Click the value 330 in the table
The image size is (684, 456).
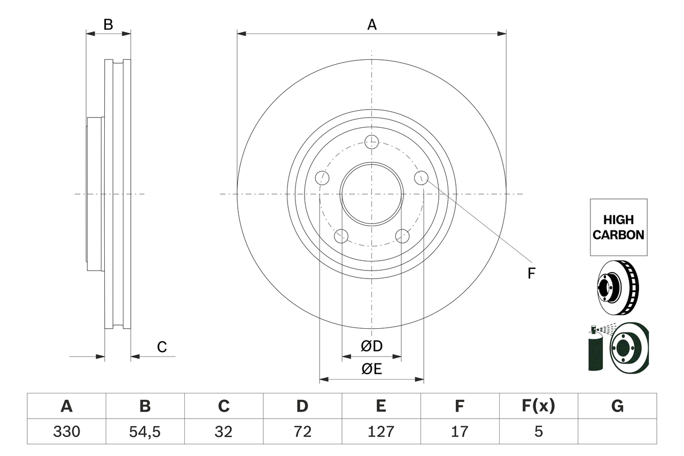pos(66,431)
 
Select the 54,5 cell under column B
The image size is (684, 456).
pos(145,431)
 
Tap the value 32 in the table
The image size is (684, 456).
pos(223,431)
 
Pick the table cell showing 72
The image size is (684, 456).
pos(302,431)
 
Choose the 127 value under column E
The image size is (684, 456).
pos(380,431)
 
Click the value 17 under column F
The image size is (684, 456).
pos(459,431)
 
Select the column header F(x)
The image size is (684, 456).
pos(538,406)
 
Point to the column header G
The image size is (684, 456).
pos(617,406)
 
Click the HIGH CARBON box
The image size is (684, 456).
pos(618,227)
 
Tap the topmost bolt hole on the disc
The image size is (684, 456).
pos(371,142)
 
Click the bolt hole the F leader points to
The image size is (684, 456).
pos(421,177)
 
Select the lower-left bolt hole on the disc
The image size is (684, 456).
pos(340,236)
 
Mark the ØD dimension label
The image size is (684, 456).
pos(371,346)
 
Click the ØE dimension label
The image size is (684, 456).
pos(371,369)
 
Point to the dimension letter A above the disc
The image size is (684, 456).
pos(371,25)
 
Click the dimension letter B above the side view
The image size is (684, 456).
pos(108,25)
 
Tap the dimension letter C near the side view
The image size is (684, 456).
pos(161,347)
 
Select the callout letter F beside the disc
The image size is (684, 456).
pos(531,274)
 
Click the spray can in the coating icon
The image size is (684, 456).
pos(594,350)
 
